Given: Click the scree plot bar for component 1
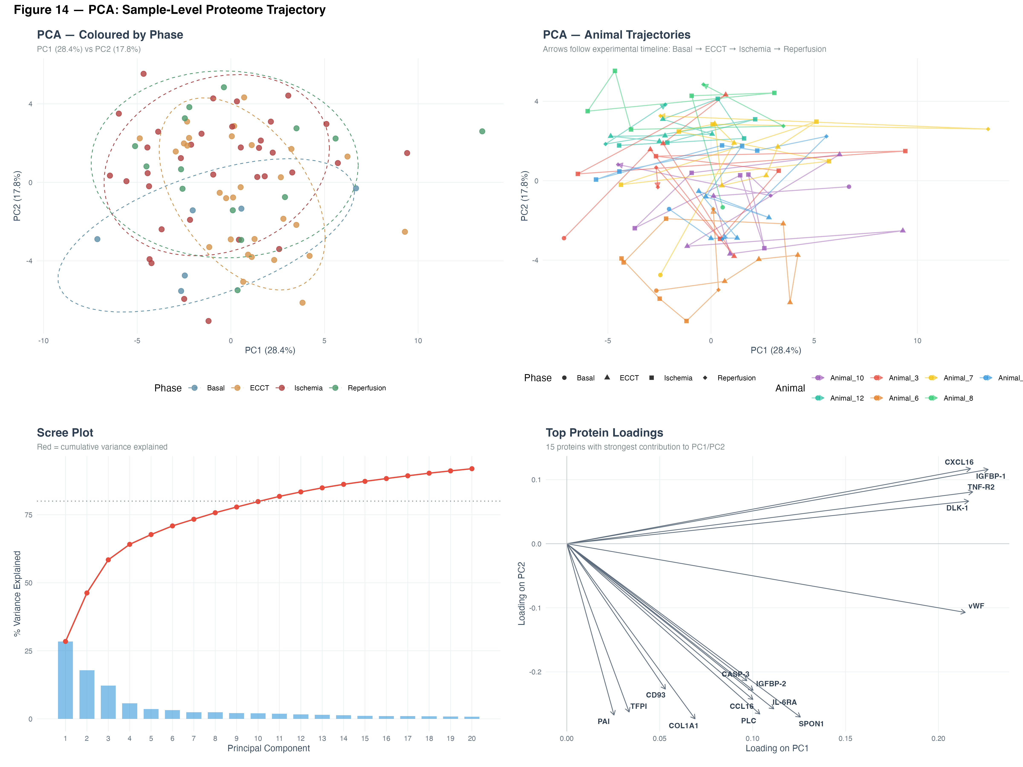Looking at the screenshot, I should (x=65, y=680).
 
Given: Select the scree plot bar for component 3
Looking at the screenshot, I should (x=108, y=702).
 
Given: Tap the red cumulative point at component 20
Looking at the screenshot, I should (x=472, y=469).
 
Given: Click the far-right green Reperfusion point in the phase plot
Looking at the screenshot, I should (x=482, y=131).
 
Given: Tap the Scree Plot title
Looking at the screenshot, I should (x=65, y=433).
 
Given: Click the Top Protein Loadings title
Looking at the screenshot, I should (x=604, y=433).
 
